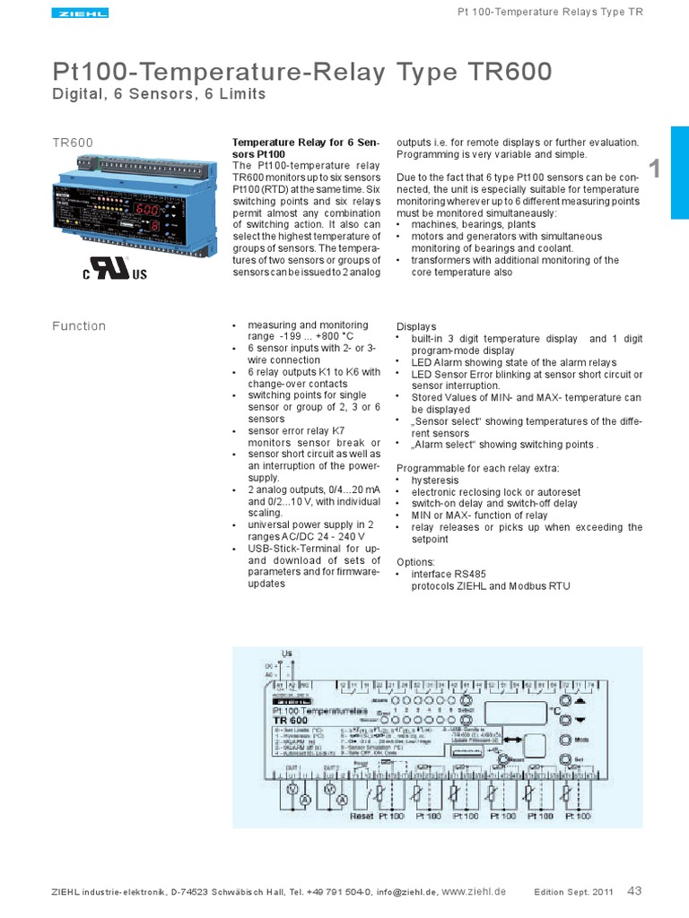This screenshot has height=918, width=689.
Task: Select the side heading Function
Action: pyautogui.click(x=79, y=326)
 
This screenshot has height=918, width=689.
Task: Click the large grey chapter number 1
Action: pyautogui.click(x=654, y=169)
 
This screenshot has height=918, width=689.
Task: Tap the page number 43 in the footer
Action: pyautogui.click(x=634, y=890)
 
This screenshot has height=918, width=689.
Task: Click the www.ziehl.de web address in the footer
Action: pyautogui.click(x=475, y=891)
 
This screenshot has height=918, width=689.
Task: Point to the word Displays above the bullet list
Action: pyautogui.click(x=416, y=326)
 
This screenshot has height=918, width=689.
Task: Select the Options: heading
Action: pyautogui.click(x=415, y=562)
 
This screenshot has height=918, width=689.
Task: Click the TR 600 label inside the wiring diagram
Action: pyautogui.click(x=290, y=720)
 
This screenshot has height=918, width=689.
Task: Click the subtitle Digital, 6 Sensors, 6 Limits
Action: pyautogui.click(x=160, y=95)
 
